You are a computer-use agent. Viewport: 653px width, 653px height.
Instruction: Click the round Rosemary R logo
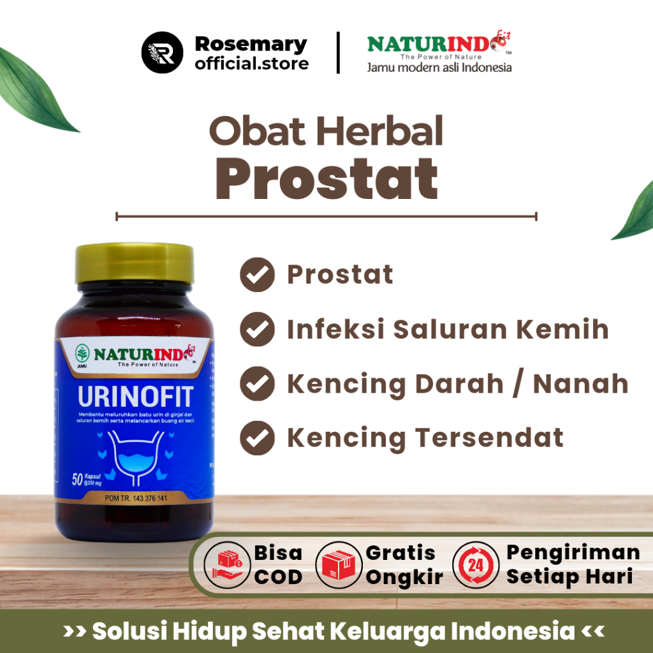point(163,53)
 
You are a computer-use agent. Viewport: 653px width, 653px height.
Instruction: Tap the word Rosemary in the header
point(251,44)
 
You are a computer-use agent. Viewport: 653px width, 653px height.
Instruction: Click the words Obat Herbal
point(326,132)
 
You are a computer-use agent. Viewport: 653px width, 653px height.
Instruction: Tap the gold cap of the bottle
point(135,263)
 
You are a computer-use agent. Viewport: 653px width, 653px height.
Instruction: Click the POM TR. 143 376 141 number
point(136,498)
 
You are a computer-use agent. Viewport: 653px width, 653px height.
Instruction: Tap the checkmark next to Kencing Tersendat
point(257,438)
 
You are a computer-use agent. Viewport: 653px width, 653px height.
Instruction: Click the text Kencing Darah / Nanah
point(457,384)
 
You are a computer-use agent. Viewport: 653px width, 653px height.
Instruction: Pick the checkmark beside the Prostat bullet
point(257,275)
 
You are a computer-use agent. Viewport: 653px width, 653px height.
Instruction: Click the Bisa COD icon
point(227,565)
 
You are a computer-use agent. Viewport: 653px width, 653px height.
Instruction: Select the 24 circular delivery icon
point(476,565)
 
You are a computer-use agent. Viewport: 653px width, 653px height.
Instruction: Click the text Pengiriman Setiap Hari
point(573,564)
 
